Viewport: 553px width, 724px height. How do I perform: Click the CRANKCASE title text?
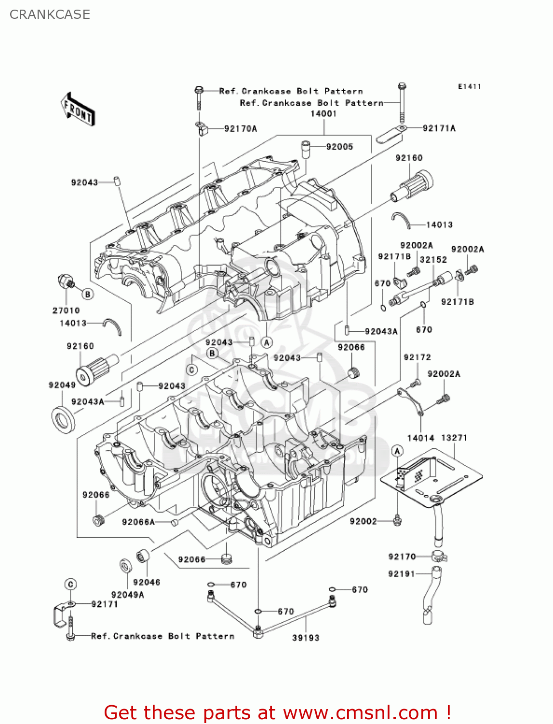click(x=50, y=14)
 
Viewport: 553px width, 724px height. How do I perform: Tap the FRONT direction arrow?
click(x=78, y=110)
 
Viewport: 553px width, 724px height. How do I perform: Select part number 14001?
click(x=323, y=114)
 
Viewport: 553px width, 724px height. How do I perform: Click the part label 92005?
click(x=339, y=147)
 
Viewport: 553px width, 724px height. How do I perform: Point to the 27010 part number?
click(x=66, y=310)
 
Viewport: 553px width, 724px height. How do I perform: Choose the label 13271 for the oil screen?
click(x=454, y=438)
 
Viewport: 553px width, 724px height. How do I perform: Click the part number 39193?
click(x=306, y=638)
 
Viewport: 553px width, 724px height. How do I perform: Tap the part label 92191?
click(x=402, y=574)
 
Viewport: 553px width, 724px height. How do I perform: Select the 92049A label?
click(x=127, y=595)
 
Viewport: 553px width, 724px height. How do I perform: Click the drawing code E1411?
click(x=470, y=86)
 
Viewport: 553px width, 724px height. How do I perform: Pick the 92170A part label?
click(x=241, y=128)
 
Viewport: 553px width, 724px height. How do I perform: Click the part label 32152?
click(x=433, y=260)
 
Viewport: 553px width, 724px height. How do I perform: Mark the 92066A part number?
click(x=138, y=522)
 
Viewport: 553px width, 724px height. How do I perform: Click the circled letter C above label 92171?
click(x=70, y=585)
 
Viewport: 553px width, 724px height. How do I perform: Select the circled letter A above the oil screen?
click(x=397, y=451)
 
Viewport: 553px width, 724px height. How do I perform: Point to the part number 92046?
click(x=147, y=582)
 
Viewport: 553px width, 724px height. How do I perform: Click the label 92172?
click(x=417, y=357)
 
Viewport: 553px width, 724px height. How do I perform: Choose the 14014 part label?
click(x=420, y=438)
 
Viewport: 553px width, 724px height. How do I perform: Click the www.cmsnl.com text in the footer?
click(x=360, y=712)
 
